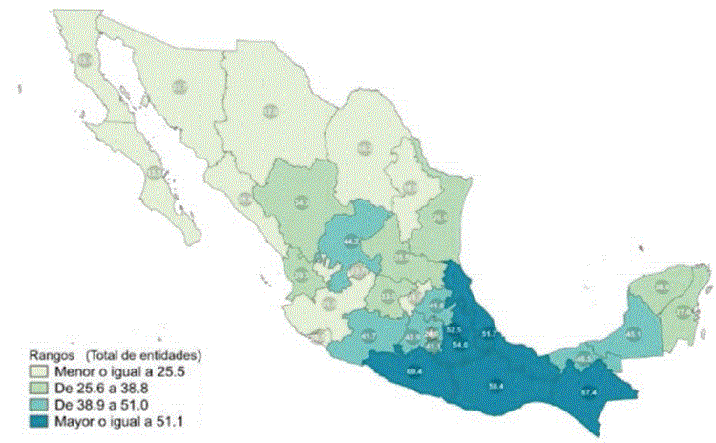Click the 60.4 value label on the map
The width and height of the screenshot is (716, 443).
point(414,370)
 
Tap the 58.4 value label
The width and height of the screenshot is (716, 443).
point(495,386)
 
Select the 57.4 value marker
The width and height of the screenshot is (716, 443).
point(589,391)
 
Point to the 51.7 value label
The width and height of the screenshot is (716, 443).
point(490,333)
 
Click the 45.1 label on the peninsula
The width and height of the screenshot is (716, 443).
point(633,334)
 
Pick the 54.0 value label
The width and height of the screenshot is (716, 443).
point(460,344)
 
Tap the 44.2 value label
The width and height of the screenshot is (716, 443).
point(350,241)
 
